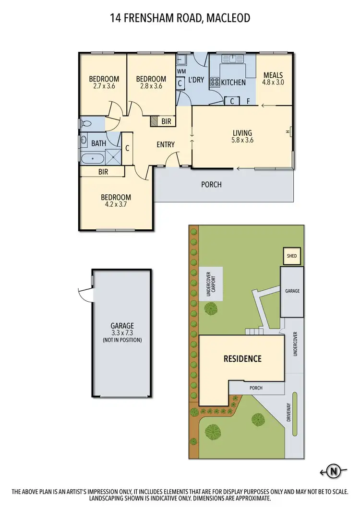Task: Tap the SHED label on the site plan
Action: point(291,256)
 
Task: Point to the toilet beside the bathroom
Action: point(85,124)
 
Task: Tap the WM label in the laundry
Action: point(181,71)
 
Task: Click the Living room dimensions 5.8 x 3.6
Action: point(243,141)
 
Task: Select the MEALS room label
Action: point(273,75)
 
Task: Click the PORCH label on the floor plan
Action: point(212,184)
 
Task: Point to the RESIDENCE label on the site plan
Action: point(242,358)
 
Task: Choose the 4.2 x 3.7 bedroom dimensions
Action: point(115,204)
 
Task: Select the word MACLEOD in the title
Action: point(228,18)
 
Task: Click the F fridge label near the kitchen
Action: point(248,101)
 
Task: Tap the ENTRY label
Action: point(166,144)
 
